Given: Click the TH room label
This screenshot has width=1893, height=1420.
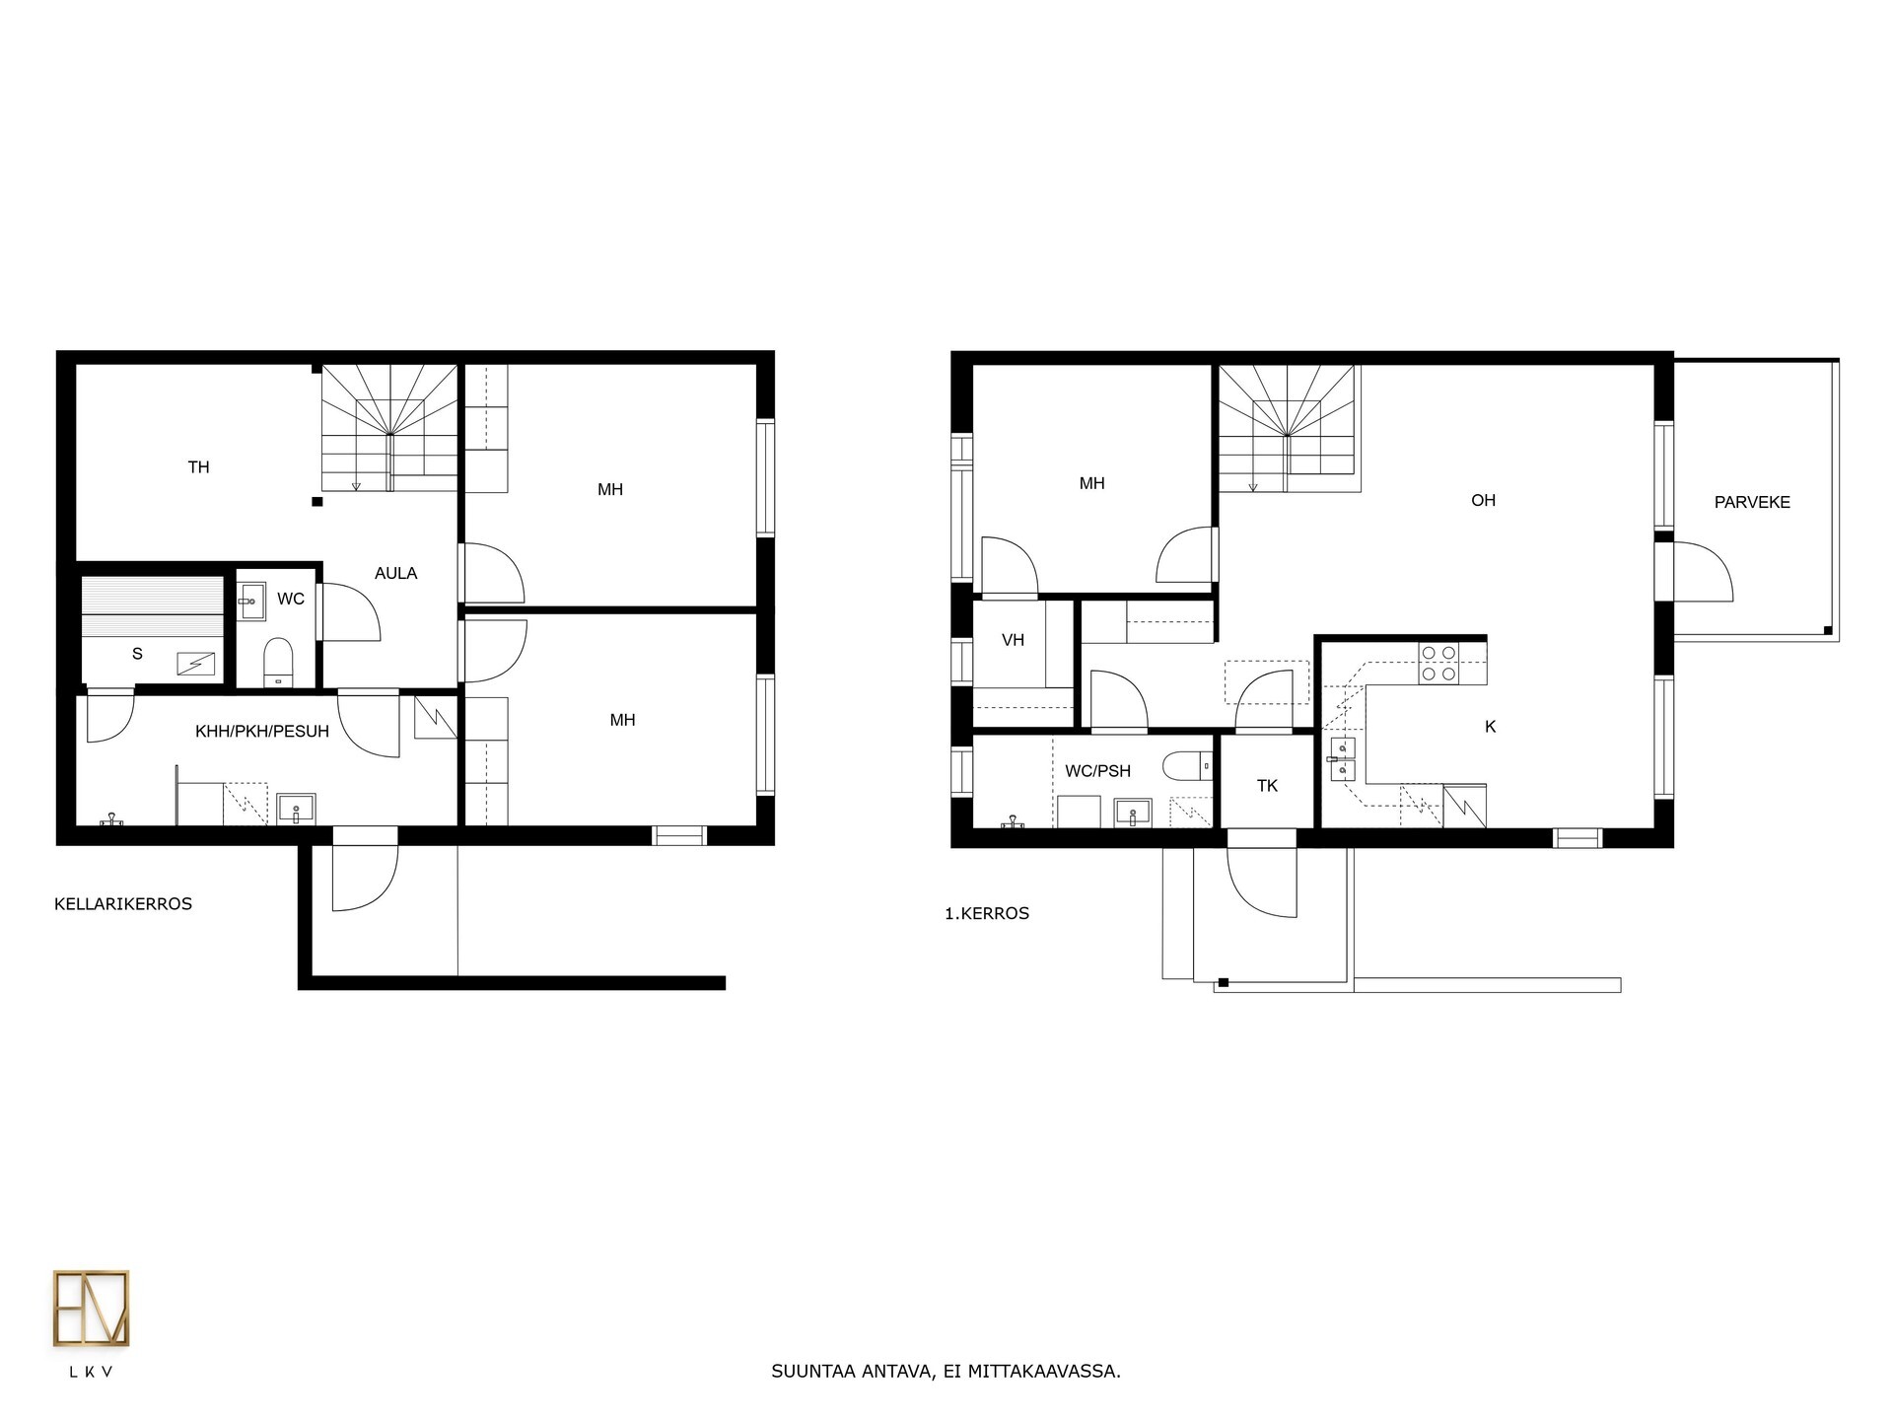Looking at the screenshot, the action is (x=198, y=467).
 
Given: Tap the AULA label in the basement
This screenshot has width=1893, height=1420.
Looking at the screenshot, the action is (x=395, y=573).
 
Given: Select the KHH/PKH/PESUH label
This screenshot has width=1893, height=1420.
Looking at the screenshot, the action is (x=262, y=732).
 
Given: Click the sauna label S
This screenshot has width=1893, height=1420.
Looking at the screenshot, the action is (x=137, y=654).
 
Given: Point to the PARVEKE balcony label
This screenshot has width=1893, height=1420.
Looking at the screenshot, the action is (x=1752, y=502).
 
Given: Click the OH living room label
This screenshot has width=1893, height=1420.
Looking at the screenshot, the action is (x=1483, y=501).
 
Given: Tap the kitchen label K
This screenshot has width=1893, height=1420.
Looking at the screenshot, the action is (x=1490, y=727).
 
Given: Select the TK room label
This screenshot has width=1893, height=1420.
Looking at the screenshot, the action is (x=1267, y=786).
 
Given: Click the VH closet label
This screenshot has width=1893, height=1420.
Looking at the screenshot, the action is (x=1013, y=640).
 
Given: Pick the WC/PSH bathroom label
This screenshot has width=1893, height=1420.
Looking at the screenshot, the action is (x=1097, y=771).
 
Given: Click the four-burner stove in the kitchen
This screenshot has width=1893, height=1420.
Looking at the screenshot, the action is (x=1437, y=664).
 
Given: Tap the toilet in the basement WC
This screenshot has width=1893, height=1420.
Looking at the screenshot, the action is (x=279, y=662).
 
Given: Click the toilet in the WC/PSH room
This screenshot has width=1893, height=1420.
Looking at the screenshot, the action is (x=1187, y=765).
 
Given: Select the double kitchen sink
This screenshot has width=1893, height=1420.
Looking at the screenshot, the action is (x=1342, y=758).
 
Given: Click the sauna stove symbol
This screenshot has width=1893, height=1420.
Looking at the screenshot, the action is (x=195, y=665).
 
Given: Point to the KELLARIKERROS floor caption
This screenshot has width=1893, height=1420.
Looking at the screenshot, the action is (x=123, y=904).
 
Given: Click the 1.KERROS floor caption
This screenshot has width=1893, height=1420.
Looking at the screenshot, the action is (x=987, y=913).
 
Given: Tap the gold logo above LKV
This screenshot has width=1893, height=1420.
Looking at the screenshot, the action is (x=91, y=1309).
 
